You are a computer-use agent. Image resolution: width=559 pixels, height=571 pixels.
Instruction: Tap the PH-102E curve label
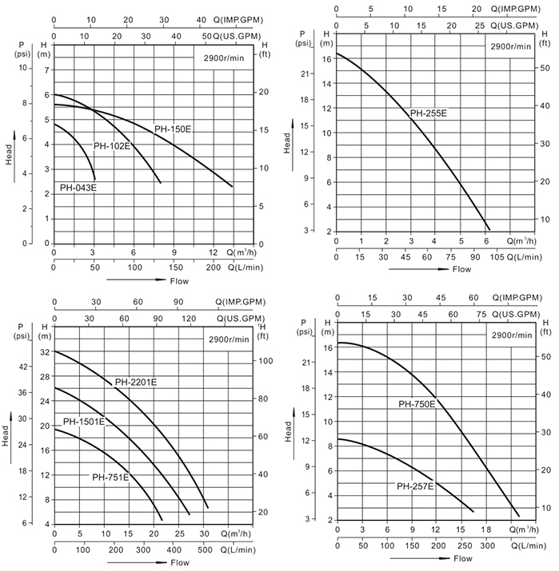coord(112,146)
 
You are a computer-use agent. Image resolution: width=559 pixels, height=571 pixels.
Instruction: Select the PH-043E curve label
coord(78,188)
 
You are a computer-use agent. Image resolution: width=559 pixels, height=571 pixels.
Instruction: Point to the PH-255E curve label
coord(429,113)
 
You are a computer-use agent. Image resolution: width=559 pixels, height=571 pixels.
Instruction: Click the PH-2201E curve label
coord(135,382)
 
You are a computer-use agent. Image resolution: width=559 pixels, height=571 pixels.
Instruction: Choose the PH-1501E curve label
coord(84,422)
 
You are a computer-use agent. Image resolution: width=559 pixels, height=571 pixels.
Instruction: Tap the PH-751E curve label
coord(110,478)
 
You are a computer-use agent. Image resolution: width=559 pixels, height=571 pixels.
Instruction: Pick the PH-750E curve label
coord(417,404)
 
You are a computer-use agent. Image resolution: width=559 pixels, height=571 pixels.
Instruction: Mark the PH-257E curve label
coord(415,486)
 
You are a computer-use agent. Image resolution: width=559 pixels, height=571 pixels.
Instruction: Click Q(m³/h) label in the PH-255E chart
coord(521,240)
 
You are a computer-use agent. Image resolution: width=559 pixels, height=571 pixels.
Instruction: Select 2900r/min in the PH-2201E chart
coord(227,339)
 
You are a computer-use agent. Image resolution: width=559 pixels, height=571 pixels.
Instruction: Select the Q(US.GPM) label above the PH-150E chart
coord(230,37)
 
